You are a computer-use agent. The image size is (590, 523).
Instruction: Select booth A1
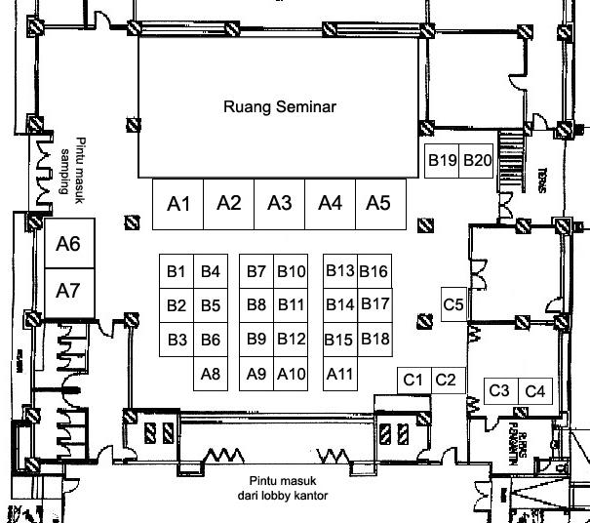pos(178,204)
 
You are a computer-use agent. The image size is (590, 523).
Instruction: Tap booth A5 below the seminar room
pos(378,203)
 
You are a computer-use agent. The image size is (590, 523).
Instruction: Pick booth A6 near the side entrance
pos(68,244)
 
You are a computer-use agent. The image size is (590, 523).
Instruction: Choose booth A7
pos(68,291)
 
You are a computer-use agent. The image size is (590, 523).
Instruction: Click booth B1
pos(177,272)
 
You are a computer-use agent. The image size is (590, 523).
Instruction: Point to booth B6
pos(210,340)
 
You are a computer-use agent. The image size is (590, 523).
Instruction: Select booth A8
pos(210,373)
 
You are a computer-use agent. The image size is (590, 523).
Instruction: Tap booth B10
pos(291,272)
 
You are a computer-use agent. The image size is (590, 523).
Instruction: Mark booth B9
pos(256,340)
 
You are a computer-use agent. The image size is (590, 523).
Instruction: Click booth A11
pos(338,373)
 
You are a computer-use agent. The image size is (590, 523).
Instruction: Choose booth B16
pos(374,271)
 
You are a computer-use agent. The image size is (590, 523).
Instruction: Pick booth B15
pos(338,340)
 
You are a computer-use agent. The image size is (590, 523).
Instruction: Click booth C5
pos(453,304)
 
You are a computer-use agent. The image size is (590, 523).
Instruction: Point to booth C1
pos(413,379)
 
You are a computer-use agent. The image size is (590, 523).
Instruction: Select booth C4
pos(536,391)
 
